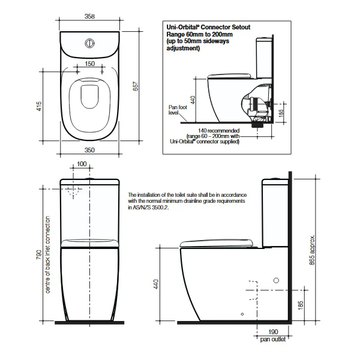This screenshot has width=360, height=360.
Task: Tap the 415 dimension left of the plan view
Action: (x=39, y=107)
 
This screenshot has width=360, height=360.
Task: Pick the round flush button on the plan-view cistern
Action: (x=89, y=44)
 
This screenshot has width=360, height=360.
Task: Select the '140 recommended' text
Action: (x=221, y=130)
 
